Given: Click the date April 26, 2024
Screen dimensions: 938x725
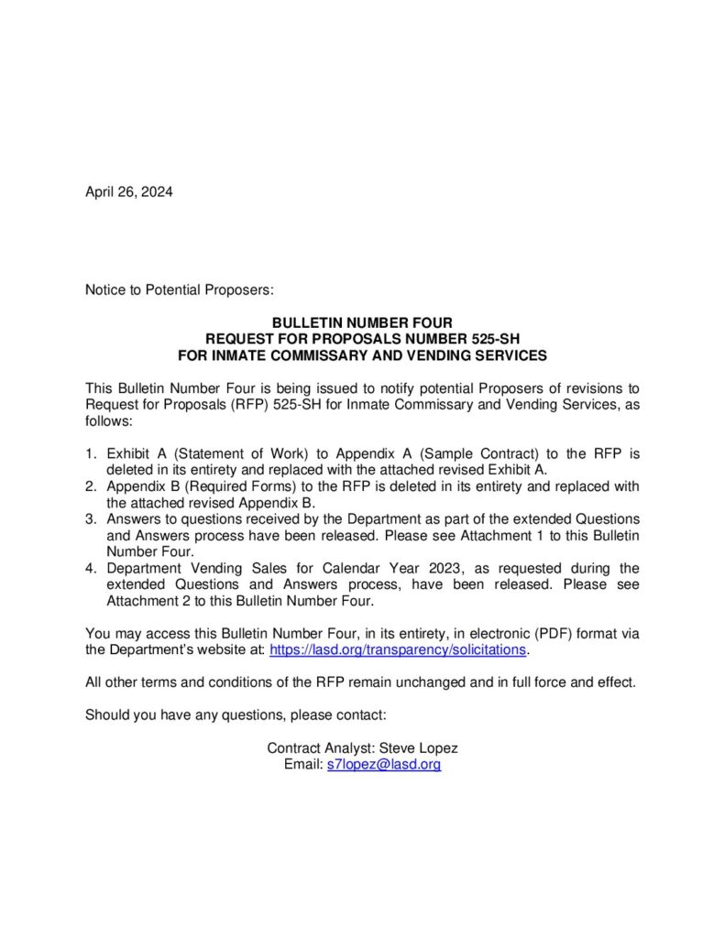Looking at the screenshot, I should (x=128, y=191).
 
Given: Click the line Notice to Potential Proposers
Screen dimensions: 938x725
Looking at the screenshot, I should (x=180, y=289).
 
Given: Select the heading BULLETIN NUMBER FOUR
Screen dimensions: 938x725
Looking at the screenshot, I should (x=362, y=322).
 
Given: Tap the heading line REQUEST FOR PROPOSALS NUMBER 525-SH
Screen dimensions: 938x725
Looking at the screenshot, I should (x=362, y=338).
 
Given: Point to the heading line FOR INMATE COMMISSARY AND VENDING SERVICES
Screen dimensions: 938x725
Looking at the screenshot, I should (x=362, y=354).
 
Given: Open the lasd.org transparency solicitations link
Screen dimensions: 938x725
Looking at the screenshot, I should (x=399, y=649).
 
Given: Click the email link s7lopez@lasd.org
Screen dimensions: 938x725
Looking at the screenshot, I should (x=384, y=764).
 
